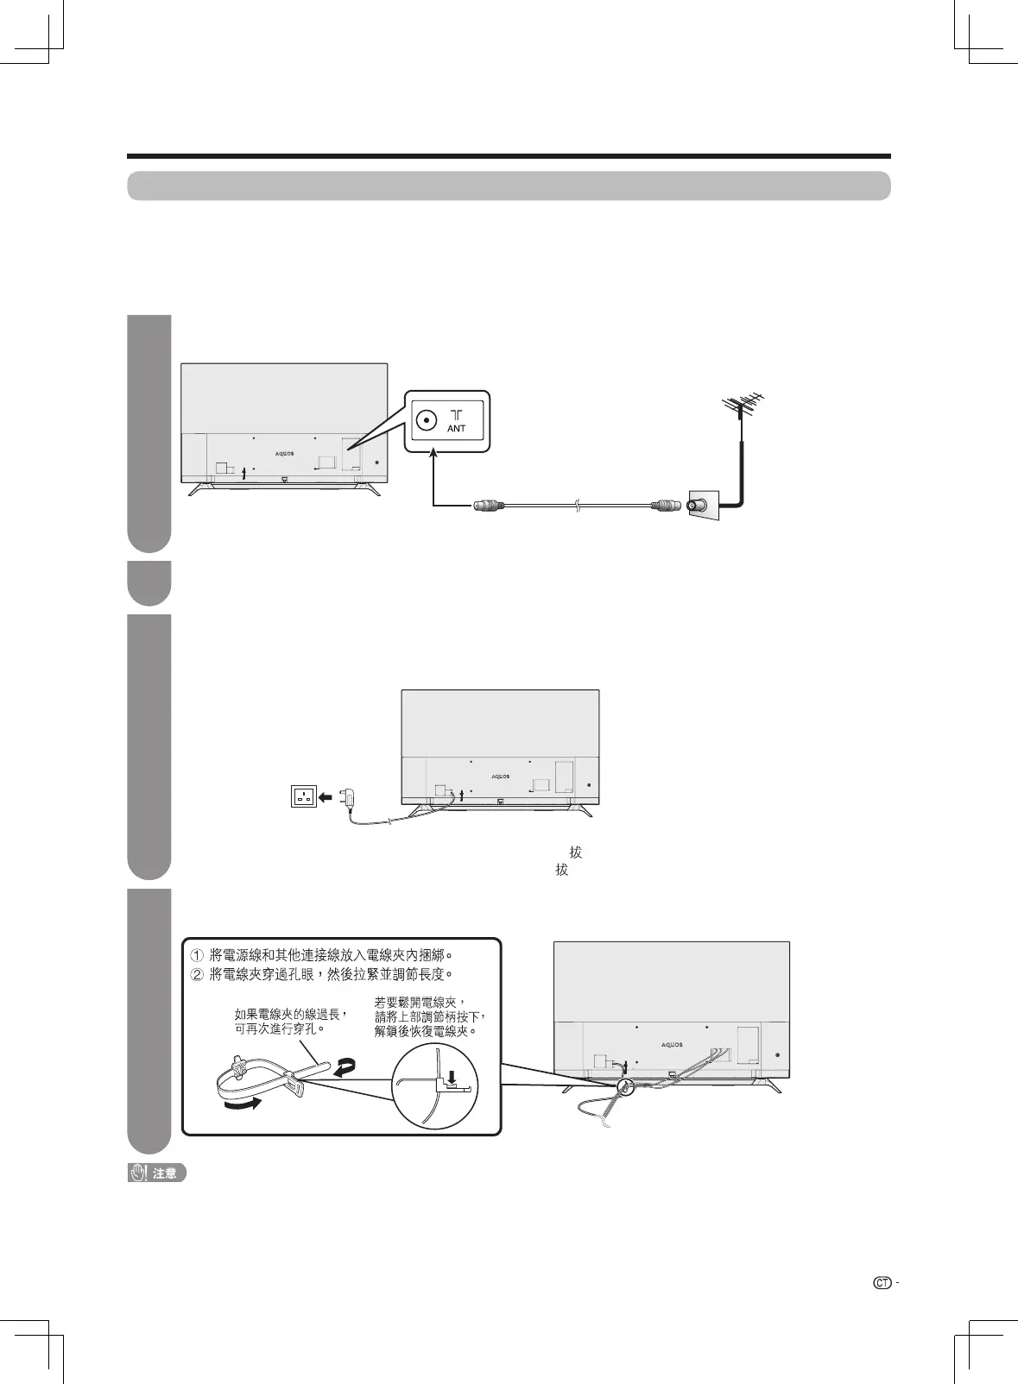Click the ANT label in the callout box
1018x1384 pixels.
(x=457, y=428)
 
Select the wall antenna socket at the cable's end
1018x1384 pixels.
(x=700, y=506)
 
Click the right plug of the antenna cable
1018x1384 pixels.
(x=667, y=506)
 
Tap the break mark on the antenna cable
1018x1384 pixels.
(x=576, y=506)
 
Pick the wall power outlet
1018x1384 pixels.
(x=304, y=797)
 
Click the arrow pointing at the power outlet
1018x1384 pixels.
(x=326, y=797)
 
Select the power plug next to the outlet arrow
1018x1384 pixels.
(x=351, y=798)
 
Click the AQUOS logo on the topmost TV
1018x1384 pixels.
(x=284, y=453)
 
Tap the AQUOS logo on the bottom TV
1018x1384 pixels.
(x=672, y=1044)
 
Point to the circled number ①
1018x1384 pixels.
(x=197, y=955)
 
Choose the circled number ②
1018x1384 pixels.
(x=197, y=974)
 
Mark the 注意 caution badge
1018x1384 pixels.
(x=157, y=1173)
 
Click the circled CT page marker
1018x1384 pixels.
(x=882, y=1283)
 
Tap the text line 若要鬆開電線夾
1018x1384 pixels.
(x=420, y=1002)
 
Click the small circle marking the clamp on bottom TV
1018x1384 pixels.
(x=624, y=1087)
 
